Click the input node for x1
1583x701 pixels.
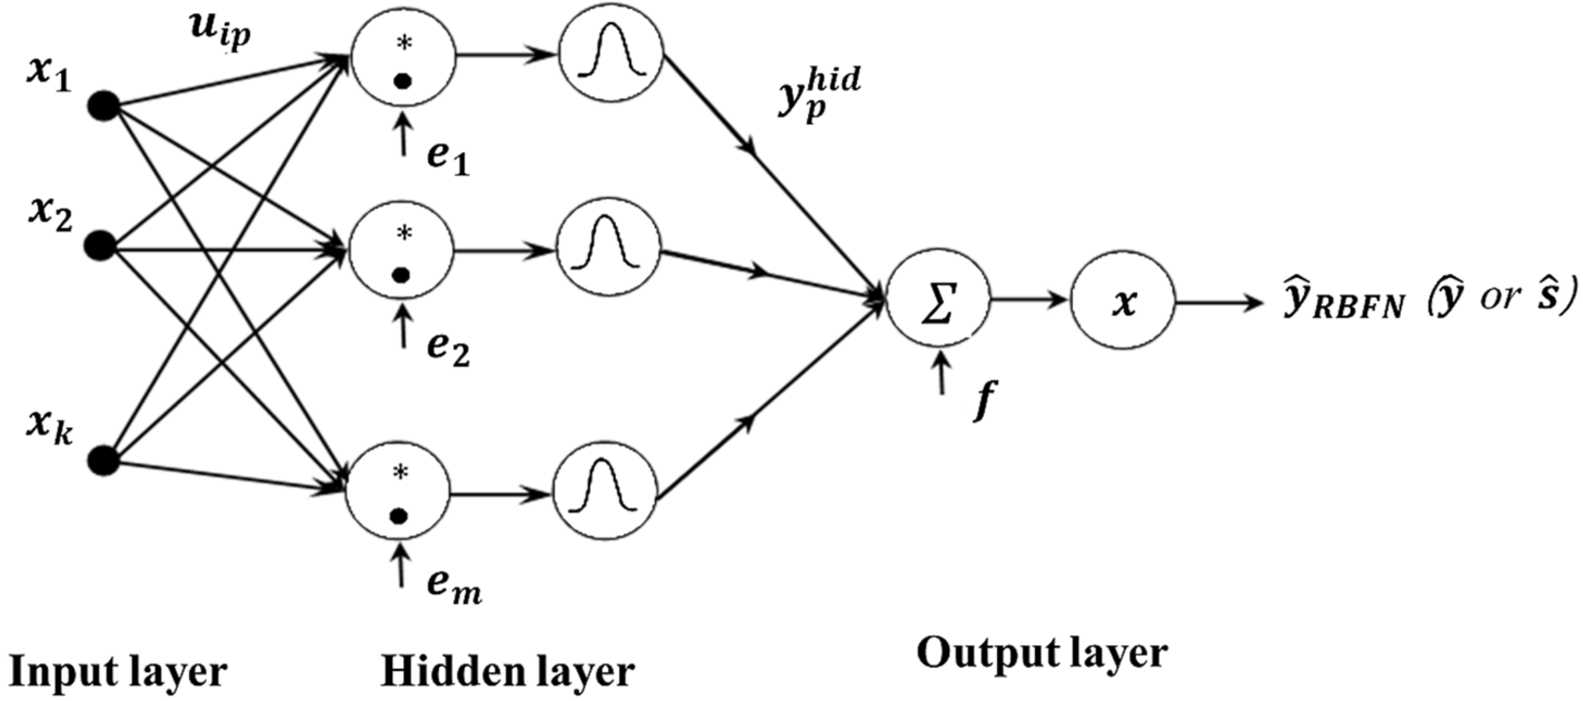(103, 106)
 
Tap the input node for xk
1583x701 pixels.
(103, 461)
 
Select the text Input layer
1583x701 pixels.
(118, 672)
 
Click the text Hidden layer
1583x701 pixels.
(507, 672)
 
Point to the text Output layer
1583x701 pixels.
(1042, 654)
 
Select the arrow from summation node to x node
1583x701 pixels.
(1030, 301)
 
